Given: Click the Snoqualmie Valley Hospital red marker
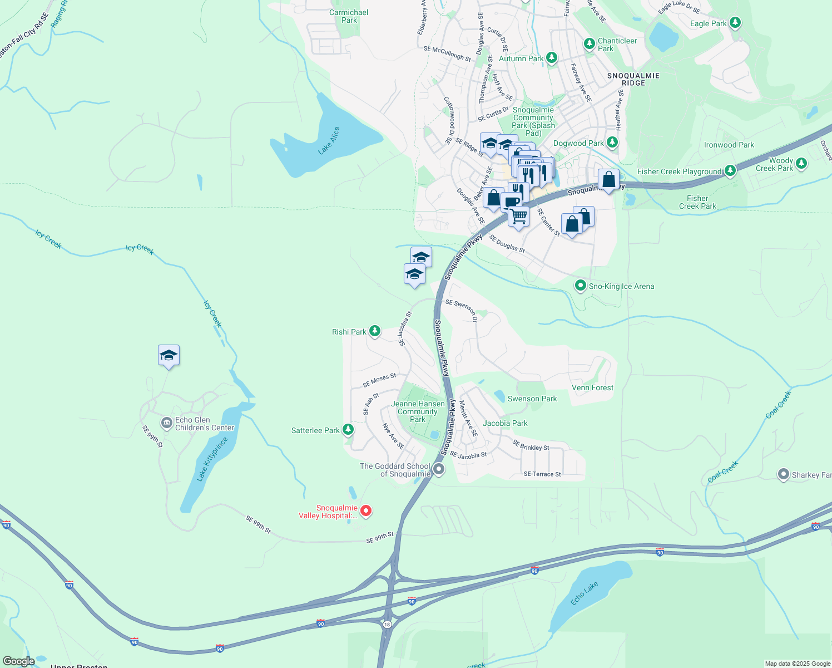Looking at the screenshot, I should tap(366, 510).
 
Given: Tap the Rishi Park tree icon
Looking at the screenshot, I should tap(375, 332).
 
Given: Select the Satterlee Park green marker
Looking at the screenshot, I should tap(348, 430).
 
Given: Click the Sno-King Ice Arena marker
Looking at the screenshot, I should tap(581, 286).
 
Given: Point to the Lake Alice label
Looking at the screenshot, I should tap(329, 141).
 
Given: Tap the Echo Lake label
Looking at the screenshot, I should tap(584, 593).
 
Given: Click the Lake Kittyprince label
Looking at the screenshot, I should tap(212, 459).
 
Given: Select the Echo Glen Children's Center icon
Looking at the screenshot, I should tap(166, 424).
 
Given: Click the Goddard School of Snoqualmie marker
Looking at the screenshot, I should tap(439, 469).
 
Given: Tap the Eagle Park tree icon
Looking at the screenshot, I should tap(735, 23).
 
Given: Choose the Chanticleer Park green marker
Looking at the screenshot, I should tap(589, 43).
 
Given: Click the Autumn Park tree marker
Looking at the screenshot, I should tap(551, 58).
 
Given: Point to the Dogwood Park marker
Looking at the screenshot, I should tap(612, 143).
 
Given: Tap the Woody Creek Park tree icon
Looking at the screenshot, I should tap(801, 164).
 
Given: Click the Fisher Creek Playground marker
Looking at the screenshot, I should tap(730, 171).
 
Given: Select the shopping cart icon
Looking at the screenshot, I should tap(518, 215).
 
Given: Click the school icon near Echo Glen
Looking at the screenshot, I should tap(169, 355).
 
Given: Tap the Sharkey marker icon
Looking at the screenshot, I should tap(784, 474).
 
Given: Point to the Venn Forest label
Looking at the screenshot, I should tap(592, 387).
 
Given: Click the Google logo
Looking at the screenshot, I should tap(18, 661).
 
